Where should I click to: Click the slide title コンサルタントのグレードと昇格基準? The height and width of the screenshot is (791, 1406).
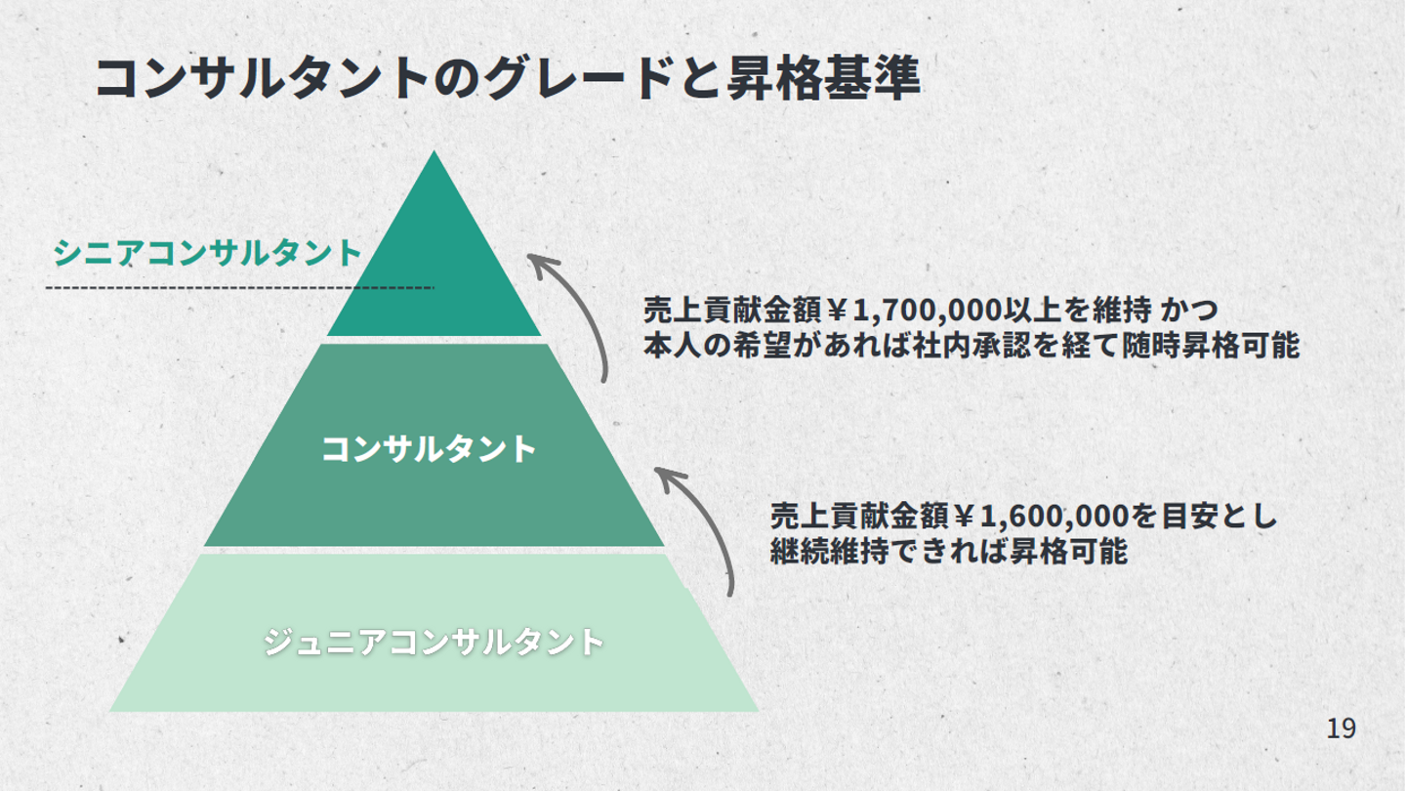point(508,78)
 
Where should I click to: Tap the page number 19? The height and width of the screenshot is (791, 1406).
point(1342,728)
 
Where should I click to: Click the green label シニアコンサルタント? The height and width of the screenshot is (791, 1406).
point(208,253)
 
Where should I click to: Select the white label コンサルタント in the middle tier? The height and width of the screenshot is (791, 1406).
point(430,449)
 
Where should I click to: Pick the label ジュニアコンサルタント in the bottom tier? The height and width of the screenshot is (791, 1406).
point(434,642)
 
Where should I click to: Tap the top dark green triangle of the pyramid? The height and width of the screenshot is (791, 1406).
point(434,264)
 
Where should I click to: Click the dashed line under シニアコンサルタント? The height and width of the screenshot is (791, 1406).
point(239,288)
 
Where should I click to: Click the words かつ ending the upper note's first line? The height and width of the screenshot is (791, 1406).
point(1194,312)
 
